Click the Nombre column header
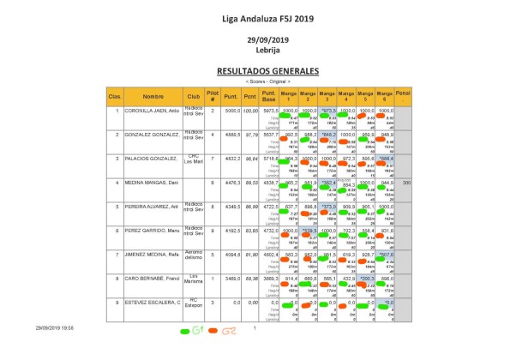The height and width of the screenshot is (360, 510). (153, 96)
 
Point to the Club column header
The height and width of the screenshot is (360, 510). (194, 96)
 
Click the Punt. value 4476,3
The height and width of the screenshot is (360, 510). (231, 183)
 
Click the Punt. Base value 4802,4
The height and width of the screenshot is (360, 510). (270, 255)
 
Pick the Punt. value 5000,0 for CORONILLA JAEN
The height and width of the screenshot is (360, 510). (231, 111)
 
